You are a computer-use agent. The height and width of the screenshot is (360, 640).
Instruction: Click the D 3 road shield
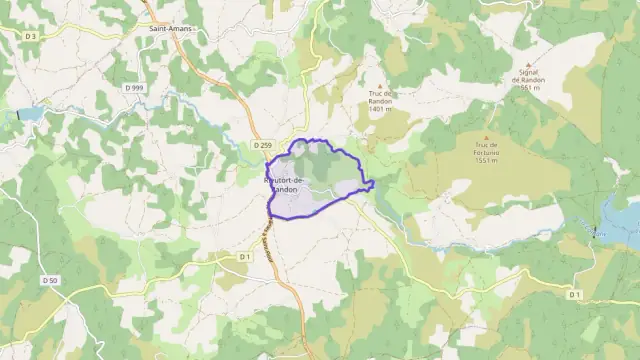click(31, 36)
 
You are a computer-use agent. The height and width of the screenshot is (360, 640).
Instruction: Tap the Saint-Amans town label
click(170, 29)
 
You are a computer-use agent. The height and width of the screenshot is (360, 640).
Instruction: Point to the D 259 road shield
click(262, 146)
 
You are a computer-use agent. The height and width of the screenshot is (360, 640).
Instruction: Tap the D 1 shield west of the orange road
click(245, 257)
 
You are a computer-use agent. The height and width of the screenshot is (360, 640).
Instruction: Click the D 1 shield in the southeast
click(574, 294)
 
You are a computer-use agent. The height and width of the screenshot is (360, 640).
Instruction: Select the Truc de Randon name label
click(378, 97)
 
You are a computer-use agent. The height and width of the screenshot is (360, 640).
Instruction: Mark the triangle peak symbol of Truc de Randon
click(379, 86)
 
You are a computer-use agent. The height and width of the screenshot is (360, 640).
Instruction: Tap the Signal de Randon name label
click(530, 76)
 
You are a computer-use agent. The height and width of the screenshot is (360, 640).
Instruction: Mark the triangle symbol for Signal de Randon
click(530, 60)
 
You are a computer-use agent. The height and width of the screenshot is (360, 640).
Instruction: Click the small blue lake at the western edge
click(27, 115)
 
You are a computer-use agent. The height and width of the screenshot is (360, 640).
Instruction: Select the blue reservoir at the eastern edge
click(622, 222)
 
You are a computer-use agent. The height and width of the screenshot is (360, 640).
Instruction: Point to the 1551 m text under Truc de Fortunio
click(487, 161)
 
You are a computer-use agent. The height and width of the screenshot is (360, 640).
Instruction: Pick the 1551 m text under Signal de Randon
click(530, 87)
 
